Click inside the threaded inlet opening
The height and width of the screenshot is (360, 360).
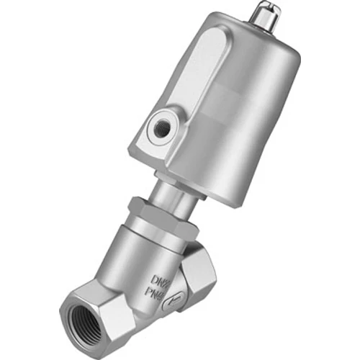coord(94,317)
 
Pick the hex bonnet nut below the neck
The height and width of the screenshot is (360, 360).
coord(163,216)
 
